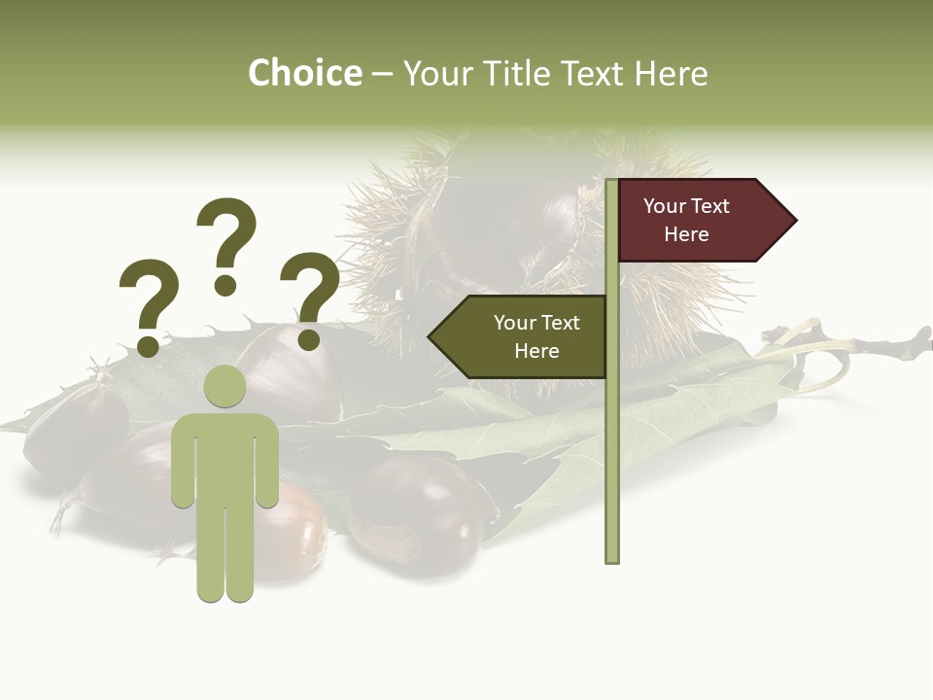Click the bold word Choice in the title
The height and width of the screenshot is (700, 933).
[304, 73]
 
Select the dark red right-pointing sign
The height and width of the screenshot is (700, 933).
[700, 220]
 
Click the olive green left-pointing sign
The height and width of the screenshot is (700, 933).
[520, 336]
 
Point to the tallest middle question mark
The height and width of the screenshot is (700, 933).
[226, 243]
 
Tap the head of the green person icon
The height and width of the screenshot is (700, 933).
[225, 386]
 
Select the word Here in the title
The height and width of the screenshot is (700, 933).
[671, 73]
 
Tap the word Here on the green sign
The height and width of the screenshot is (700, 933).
[536, 351]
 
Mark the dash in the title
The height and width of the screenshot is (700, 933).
[382, 74]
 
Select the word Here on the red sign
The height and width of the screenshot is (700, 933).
[686, 234]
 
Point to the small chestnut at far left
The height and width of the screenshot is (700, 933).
[68, 428]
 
